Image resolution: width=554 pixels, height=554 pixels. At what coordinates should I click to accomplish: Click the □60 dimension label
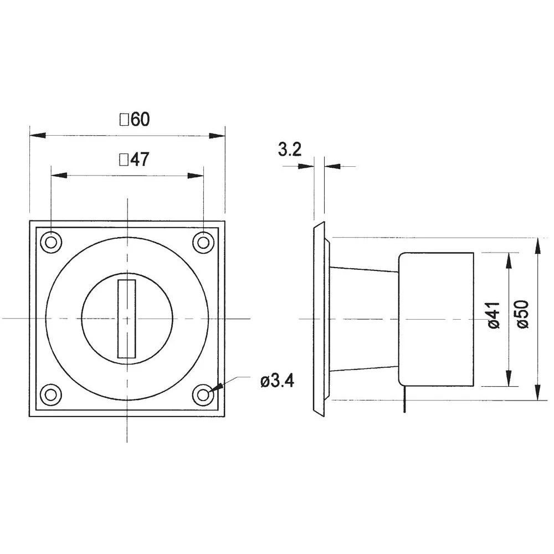pyautogui.click(x=134, y=119)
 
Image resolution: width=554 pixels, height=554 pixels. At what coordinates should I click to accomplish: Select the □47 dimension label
pyautogui.click(x=134, y=160)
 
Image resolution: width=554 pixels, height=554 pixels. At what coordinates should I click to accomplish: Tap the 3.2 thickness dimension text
pyautogui.click(x=289, y=150)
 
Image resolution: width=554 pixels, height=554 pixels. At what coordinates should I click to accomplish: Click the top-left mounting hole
pyautogui.click(x=52, y=242)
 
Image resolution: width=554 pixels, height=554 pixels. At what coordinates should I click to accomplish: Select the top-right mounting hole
pyautogui.click(x=203, y=242)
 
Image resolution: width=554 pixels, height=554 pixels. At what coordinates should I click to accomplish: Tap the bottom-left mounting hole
pyautogui.click(x=52, y=394)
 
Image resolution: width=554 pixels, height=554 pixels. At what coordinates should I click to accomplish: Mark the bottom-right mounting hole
pyautogui.click(x=203, y=394)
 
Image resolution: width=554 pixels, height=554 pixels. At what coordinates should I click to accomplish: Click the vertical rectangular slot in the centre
pyautogui.click(x=127, y=319)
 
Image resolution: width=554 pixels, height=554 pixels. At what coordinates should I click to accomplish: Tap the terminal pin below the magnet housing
pyautogui.click(x=405, y=399)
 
